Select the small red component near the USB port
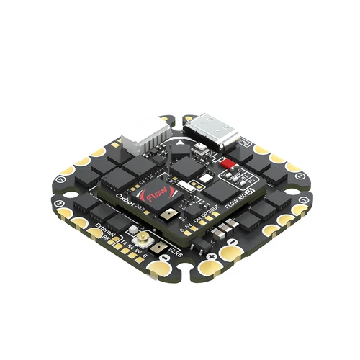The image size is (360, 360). coord(229,164)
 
